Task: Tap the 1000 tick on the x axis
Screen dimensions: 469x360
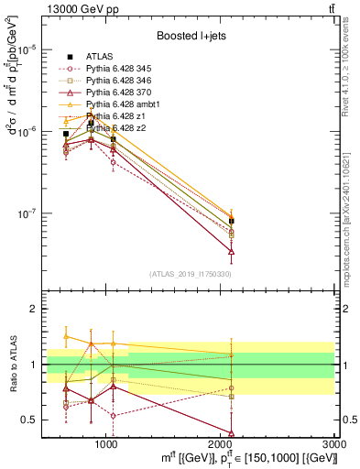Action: coord(106,443)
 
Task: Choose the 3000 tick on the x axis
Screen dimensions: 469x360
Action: coord(335,443)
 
